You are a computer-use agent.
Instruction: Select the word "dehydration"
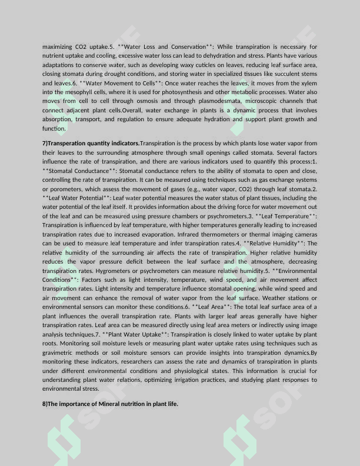pyautogui.click(x=226, y=55)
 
